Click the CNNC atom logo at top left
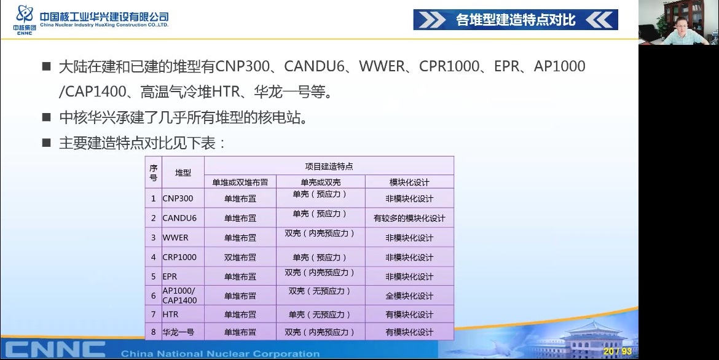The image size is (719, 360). (25, 14)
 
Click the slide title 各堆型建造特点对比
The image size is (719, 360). (516, 20)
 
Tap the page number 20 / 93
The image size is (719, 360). (618, 351)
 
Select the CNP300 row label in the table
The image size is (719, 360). (178, 198)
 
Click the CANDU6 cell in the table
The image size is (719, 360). (179, 218)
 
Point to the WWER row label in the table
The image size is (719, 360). (176, 238)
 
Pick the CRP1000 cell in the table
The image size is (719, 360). (179, 257)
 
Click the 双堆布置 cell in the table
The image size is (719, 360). (240, 257)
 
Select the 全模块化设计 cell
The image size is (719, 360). (409, 295)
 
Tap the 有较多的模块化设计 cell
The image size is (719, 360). (409, 218)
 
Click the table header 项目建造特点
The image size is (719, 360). (329, 166)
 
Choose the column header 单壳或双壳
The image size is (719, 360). (321, 182)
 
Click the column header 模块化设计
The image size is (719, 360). (409, 182)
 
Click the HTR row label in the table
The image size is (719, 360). (171, 315)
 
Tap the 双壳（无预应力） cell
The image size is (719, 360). (321, 291)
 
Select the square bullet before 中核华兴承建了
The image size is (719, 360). (46, 117)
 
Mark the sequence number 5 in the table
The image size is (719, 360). (154, 276)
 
